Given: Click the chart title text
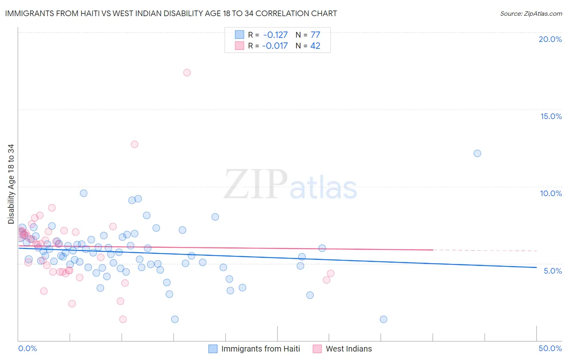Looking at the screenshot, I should (x=171, y=13).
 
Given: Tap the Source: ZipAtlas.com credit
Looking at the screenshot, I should (x=531, y=13).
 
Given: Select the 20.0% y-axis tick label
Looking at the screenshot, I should (x=550, y=39).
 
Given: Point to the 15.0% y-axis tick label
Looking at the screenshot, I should (x=551, y=116).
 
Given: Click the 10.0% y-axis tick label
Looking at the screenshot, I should (x=551, y=193).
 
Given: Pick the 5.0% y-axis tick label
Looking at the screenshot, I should (x=552, y=271).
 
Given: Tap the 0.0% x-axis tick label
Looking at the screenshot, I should (x=27, y=348).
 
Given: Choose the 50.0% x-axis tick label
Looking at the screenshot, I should (x=550, y=348).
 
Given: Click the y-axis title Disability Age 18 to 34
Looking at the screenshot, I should (x=11, y=184).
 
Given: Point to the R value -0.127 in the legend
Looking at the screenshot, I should (x=275, y=35).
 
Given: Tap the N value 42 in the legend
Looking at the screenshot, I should (x=315, y=46).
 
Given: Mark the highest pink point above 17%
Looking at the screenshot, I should (x=187, y=73).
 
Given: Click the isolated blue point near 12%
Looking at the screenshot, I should (x=477, y=153).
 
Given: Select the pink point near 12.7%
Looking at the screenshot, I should (x=135, y=144).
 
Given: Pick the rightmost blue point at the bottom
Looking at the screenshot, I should (x=384, y=319).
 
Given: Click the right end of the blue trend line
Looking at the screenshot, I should (x=536, y=267).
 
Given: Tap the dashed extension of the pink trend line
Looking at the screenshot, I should (x=484, y=250).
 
